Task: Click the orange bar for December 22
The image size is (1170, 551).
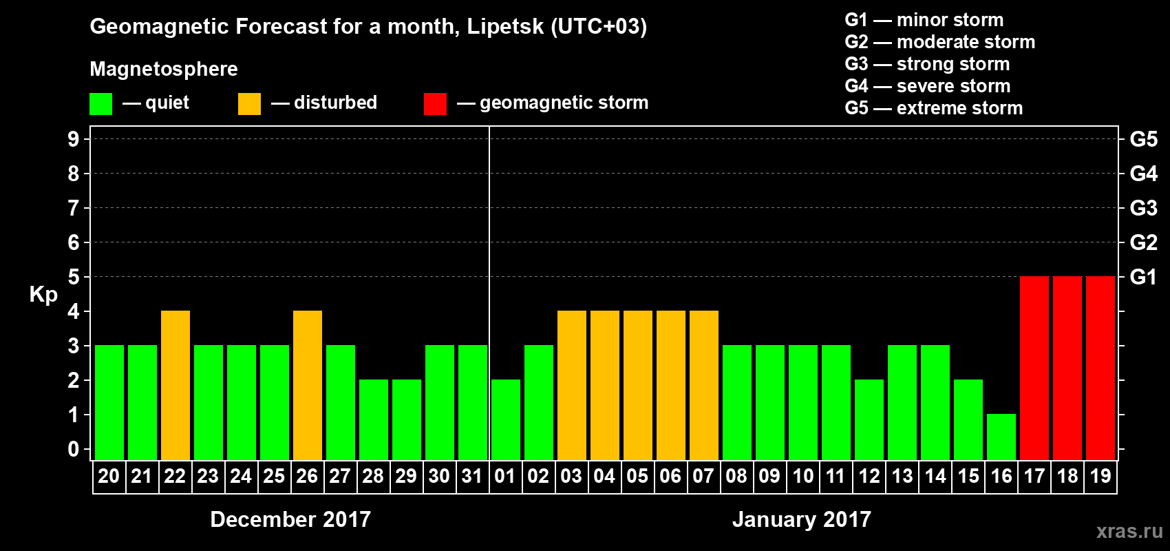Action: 175,385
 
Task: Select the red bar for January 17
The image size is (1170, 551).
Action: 1034,368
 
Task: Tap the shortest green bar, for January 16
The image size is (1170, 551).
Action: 1001,437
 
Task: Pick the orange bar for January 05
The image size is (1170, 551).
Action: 638,385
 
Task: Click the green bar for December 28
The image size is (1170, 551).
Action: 374,419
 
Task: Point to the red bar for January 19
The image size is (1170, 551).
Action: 1100,368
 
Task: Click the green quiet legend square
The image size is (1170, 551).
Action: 100,104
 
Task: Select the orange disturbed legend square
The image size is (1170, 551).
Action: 249,104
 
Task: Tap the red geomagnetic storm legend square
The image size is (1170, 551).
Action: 435,104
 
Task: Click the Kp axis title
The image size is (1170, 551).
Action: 43,294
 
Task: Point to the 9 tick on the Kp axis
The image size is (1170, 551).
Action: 74,139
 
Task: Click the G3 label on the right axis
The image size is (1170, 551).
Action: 1143,208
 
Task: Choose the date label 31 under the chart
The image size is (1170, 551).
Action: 472,476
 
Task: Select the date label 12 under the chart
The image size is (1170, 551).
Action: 869,476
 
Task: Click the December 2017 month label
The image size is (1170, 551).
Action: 290,519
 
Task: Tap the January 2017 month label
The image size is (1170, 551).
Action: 801,519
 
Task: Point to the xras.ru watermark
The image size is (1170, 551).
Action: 1129,531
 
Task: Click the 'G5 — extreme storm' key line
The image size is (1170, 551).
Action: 933,108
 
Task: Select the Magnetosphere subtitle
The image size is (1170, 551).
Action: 164,69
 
